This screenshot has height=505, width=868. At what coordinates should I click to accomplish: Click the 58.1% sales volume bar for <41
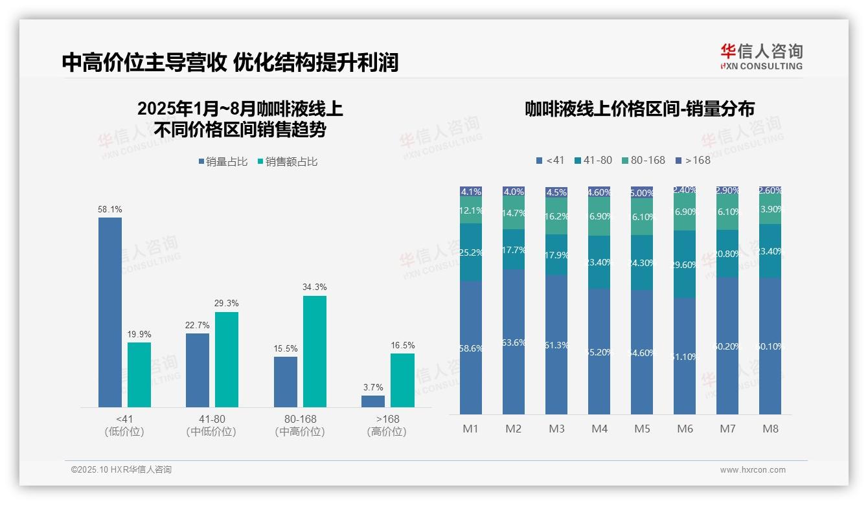110,312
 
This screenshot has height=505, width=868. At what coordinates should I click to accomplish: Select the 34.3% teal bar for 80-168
314,352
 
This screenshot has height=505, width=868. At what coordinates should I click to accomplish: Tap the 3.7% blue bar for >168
373,401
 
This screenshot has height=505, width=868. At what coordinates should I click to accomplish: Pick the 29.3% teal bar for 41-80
227,359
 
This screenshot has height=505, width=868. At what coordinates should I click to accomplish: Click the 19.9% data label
139,334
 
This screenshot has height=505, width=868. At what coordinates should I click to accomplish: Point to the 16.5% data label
402,345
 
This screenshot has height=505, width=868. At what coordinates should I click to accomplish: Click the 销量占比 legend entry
223,162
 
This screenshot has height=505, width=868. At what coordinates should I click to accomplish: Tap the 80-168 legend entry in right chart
643,160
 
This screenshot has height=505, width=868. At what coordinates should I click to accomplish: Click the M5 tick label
642,429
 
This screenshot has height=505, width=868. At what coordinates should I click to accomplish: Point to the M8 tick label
770,429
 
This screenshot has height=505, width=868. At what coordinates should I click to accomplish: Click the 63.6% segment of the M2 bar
514,342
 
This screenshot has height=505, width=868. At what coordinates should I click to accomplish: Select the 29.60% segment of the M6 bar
685,264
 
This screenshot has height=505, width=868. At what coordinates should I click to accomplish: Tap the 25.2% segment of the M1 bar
471,252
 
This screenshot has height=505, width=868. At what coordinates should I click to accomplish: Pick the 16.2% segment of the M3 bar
556,216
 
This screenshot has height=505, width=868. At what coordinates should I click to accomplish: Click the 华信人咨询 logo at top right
761,56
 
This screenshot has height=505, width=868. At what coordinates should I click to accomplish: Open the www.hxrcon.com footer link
752,470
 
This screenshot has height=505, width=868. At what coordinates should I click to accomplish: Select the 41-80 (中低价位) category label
211,425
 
